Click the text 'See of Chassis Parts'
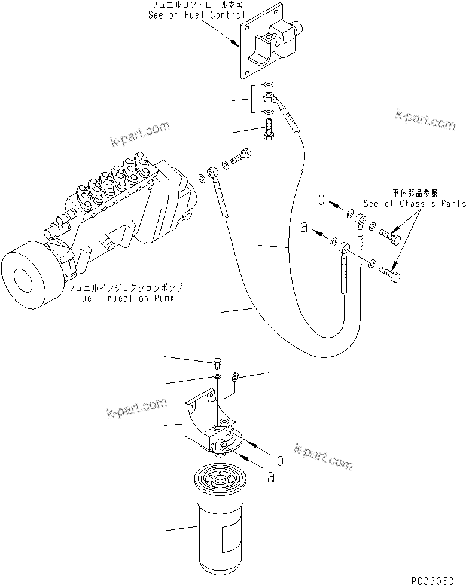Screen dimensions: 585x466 [x=414, y=203]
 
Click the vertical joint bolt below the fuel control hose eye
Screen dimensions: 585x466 [x=269, y=130]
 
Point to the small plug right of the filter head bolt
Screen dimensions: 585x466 [x=235, y=375]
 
